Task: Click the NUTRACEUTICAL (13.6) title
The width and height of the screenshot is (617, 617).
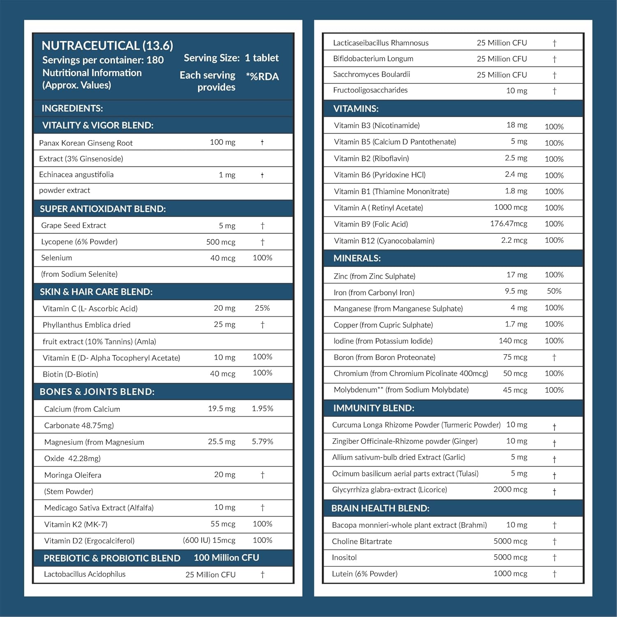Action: tap(107, 45)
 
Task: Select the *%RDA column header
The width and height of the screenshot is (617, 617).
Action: tap(262, 77)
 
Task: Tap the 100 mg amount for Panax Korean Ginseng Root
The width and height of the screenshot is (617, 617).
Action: tap(223, 142)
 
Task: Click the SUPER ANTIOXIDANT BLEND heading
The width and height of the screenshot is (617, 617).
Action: tap(102, 209)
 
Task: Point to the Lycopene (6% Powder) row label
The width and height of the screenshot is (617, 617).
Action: tap(79, 242)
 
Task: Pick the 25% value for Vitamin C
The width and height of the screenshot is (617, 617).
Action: tap(262, 308)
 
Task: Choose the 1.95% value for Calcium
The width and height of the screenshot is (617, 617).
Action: tap(262, 408)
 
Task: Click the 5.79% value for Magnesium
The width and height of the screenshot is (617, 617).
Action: tap(262, 441)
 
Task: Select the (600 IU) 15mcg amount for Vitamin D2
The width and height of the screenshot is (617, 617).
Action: tap(209, 540)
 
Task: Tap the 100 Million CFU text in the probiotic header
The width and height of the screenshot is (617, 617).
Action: tap(226, 558)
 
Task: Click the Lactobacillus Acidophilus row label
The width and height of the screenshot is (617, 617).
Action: tap(85, 574)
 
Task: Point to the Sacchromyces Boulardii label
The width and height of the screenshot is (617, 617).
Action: tap(371, 74)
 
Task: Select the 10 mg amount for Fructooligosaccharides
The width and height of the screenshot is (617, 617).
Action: tap(517, 90)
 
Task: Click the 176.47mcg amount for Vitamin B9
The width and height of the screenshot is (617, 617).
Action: tap(508, 224)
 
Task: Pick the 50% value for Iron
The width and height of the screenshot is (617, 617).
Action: tap(554, 291)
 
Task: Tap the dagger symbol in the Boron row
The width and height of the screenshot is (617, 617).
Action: tap(554, 357)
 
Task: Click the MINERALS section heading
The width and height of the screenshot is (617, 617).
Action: tap(357, 258)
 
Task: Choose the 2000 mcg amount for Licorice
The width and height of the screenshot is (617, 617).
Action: tap(510, 489)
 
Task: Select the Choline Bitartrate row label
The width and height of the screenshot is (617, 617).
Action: tap(362, 541)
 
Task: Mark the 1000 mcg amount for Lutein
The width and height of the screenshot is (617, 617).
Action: tap(510, 574)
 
